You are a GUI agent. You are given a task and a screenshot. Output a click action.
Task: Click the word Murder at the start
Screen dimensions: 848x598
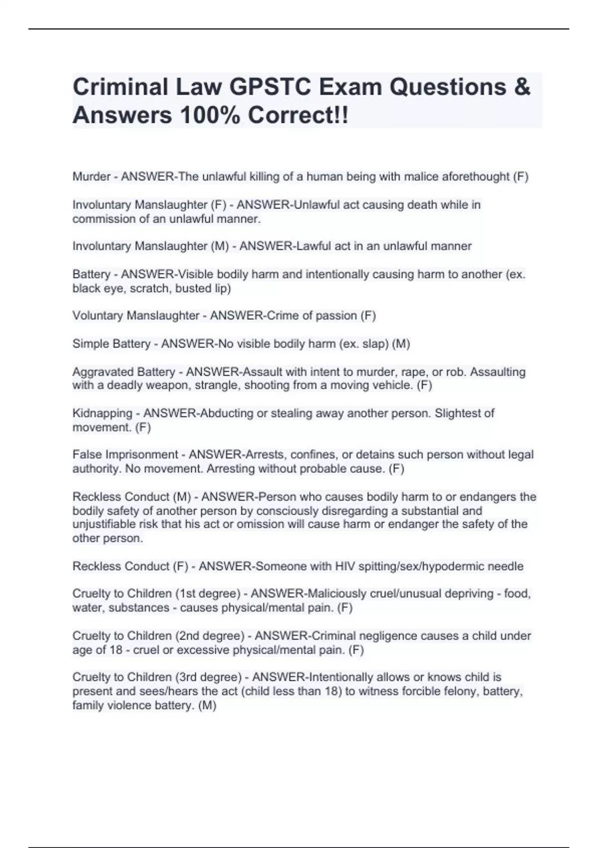(91, 177)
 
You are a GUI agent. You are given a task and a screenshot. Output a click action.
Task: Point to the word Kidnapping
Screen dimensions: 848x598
(102, 414)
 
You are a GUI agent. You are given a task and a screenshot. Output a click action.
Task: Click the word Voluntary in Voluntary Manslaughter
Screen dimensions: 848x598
(98, 316)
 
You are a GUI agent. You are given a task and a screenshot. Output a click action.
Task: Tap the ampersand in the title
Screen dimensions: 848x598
(521, 87)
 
